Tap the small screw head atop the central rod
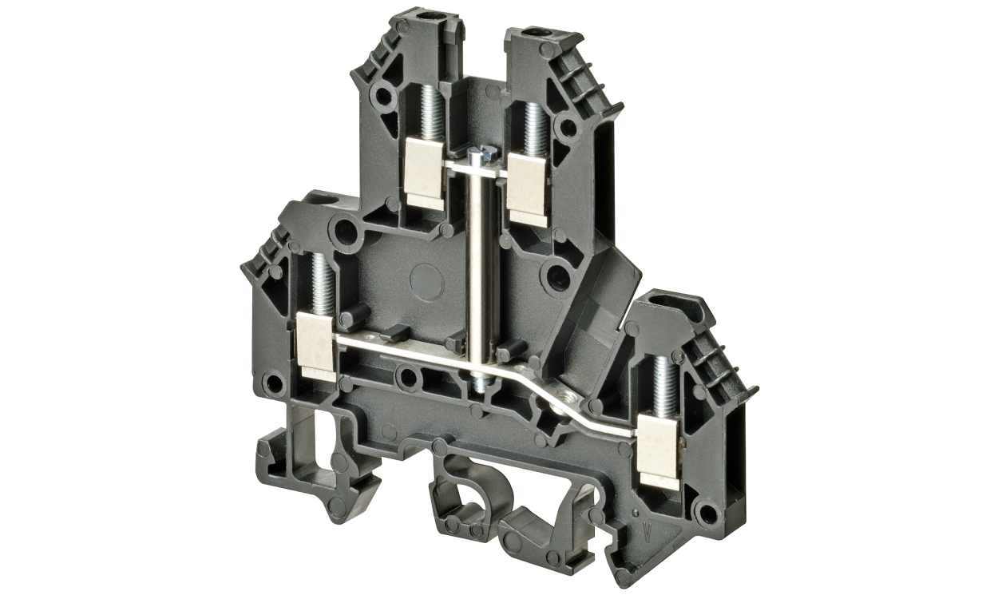480,153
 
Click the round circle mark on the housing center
426,280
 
